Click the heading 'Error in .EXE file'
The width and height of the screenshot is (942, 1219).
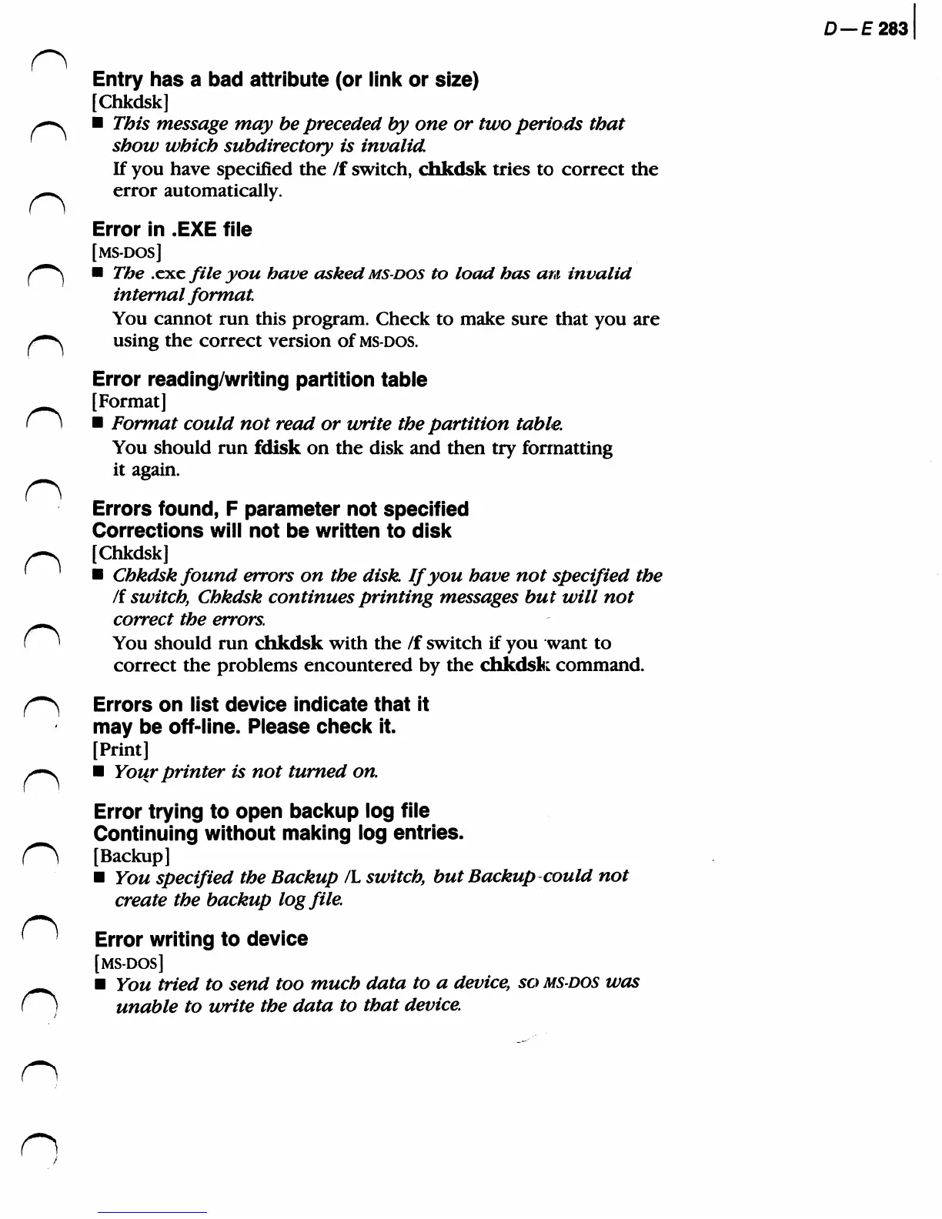[x=172, y=229]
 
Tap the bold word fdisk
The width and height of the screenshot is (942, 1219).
[x=277, y=448]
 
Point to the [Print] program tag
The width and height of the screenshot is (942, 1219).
[x=121, y=749]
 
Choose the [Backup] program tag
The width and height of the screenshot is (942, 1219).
[x=132, y=855]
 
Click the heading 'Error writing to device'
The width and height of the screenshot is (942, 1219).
[x=201, y=939]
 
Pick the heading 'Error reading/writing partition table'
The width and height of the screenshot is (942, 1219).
[x=259, y=379]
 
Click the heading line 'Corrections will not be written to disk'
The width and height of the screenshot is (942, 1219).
[x=272, y=530]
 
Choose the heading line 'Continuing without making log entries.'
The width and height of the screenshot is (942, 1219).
[x=279, y=833]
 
